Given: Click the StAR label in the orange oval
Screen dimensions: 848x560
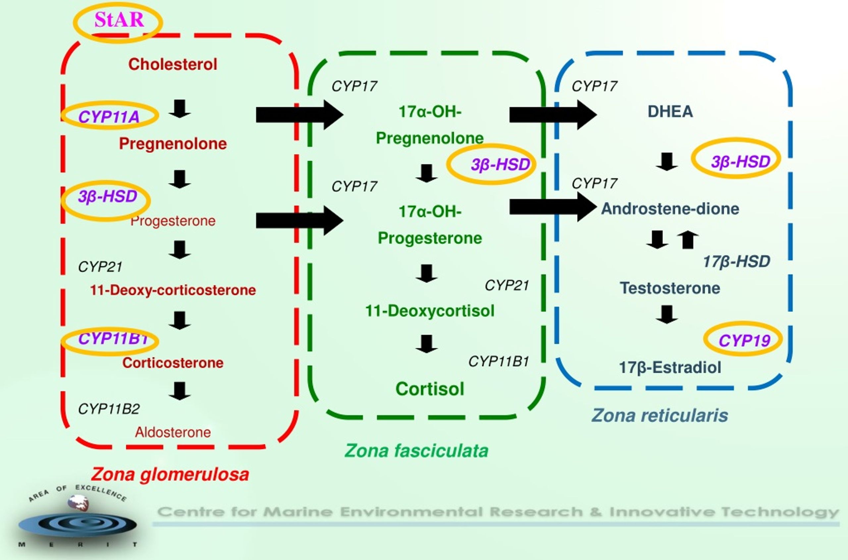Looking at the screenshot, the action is point(119,20).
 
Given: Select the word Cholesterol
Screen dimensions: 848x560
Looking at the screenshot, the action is point(173,64).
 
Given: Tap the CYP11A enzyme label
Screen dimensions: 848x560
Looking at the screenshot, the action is point(109,116).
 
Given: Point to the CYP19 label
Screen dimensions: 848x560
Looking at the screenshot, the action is point(744,340).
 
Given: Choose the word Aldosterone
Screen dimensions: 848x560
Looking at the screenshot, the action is point(173,432).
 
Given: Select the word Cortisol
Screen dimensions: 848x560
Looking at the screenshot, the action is point(430,389).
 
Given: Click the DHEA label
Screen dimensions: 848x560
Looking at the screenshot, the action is point(670,111).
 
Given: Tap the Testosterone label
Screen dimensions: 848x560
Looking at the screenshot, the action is point(670,288).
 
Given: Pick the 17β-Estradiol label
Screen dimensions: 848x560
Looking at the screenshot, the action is point(670,367).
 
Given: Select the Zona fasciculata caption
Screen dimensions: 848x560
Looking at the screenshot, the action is point(416,450).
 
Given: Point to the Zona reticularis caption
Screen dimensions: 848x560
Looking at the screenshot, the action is point(660,415).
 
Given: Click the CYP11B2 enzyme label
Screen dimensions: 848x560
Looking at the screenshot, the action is point(109,409).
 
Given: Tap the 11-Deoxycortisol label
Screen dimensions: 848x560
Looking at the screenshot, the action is point(430,310).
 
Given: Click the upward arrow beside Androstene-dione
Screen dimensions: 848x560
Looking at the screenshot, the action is point(688,240).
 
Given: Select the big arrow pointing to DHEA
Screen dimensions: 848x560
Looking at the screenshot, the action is point(553,115).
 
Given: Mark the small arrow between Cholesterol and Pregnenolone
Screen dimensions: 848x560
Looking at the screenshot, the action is point(180,109).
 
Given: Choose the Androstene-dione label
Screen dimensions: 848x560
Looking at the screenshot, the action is point(670,208).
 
